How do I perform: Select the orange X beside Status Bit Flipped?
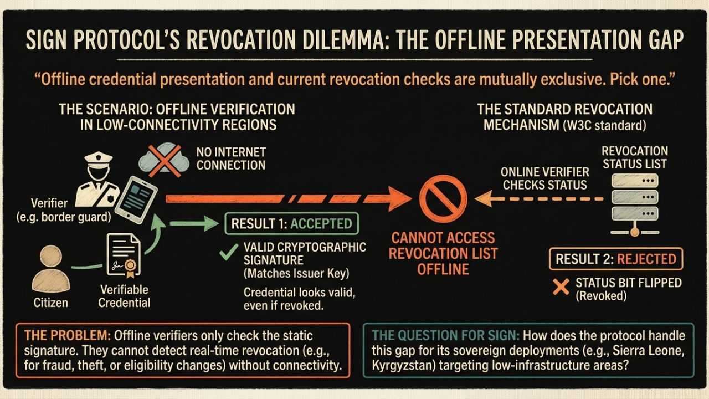tap(561, 287)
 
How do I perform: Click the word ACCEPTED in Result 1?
tap(322, 224)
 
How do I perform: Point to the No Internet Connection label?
tap(231, 158)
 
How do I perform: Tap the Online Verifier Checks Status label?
tap(544, 178)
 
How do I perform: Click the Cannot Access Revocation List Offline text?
tap(443, 254)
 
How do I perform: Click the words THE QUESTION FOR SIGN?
tap(445, 336)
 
